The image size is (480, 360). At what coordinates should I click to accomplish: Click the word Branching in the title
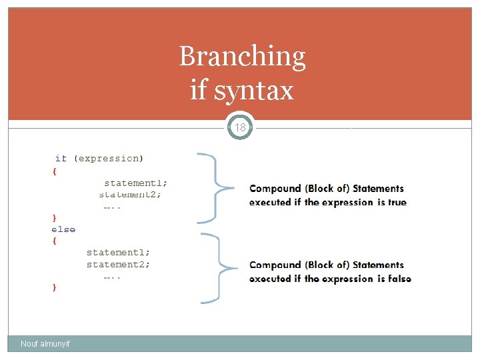[242, 57]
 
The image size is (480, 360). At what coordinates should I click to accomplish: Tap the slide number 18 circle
[241, 127]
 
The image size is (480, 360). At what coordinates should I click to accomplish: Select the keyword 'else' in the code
[63, 229]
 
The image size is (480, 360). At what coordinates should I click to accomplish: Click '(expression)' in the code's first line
[108, 158]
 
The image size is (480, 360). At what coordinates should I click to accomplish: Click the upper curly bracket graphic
[215, 187]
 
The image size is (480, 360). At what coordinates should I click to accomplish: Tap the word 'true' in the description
[396, 202]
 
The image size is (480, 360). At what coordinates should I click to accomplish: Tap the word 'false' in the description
[399, 279]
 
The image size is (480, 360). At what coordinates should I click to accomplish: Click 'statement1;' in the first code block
[136, 182]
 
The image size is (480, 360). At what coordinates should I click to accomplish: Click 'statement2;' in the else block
[118, 265]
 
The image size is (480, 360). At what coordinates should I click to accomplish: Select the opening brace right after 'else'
[54, 241]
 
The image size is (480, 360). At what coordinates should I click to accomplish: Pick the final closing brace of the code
[54, 287]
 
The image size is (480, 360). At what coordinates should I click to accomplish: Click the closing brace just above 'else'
[54, 217]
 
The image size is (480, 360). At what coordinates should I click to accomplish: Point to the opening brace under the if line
[54, 171]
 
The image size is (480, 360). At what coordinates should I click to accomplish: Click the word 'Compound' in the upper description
[275, 189]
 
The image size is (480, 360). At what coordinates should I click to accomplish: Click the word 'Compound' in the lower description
[275, 265]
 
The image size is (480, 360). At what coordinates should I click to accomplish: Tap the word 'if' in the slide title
[198, 90]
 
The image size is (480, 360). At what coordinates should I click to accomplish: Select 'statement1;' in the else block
[118, 252]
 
